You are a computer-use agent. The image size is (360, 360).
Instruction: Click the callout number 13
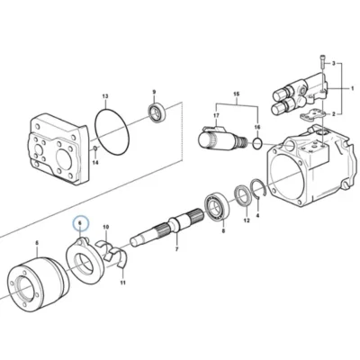(105, 96)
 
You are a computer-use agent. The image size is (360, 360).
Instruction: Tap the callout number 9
(154, 92)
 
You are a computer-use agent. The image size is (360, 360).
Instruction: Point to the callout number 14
(95, 163)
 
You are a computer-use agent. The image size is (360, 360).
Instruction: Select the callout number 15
(237, 94)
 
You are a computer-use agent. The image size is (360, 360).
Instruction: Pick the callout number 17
(216, 115)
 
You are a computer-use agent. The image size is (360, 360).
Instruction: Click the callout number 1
(353, 88)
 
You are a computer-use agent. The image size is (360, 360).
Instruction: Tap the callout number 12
(247, 220)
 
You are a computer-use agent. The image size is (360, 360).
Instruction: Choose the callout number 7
(176, 249)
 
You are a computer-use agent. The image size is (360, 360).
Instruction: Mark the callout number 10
(106, 227)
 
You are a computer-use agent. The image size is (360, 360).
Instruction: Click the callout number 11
(122, 283)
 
